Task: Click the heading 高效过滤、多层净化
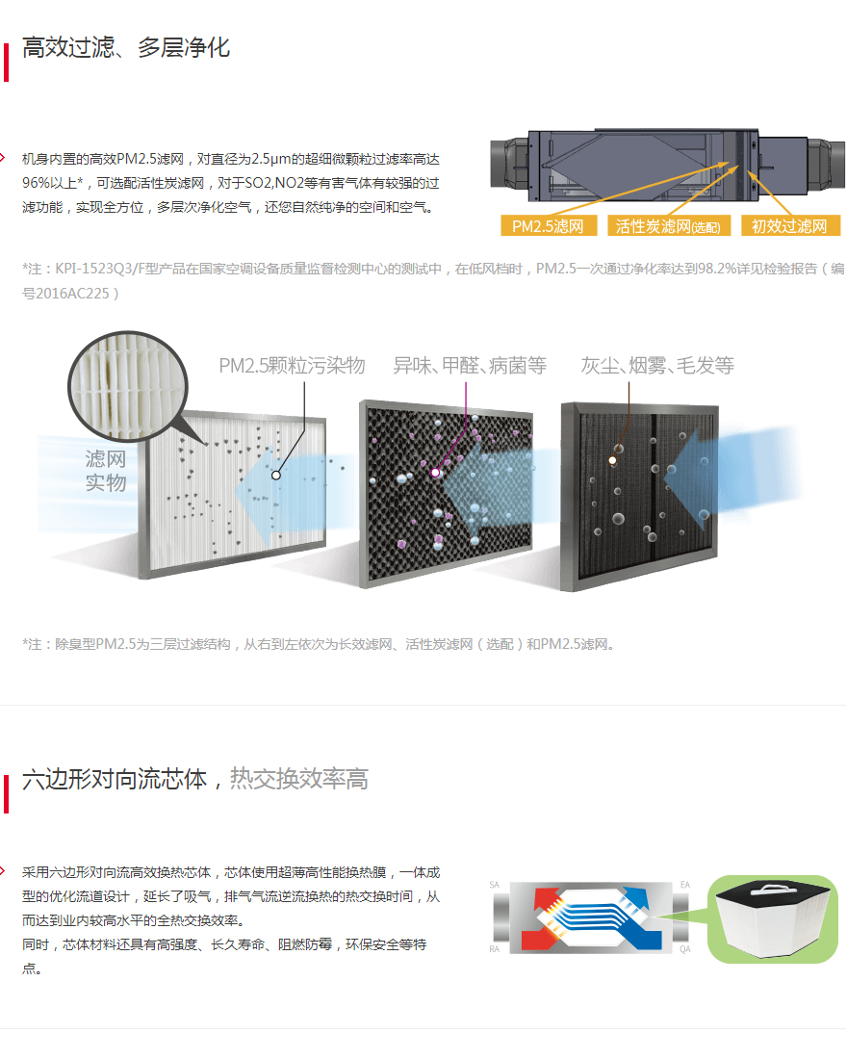tap(126, 47)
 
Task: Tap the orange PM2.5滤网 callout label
tap(549, 225)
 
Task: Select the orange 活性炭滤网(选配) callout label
tap(668, 225)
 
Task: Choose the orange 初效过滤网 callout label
tap(789, 225)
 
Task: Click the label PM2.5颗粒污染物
tap(292, 366)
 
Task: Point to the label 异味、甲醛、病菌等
tap(470, 366)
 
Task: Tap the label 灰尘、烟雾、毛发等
tap(657, 366)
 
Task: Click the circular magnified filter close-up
tap(128, 386)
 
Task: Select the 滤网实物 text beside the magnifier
tap(106, 471)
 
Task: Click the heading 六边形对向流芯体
tap(115, 780)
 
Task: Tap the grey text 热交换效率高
tap(299, 779)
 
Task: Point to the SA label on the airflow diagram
tap(495, 885)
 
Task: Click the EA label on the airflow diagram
tap(685, 885)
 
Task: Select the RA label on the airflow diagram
tap(495, 949)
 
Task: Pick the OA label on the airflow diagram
tap(685, 949)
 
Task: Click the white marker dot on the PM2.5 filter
tap(276, 476)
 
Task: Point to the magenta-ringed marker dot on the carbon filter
tap(436, 473)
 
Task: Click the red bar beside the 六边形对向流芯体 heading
tap(6, 793)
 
